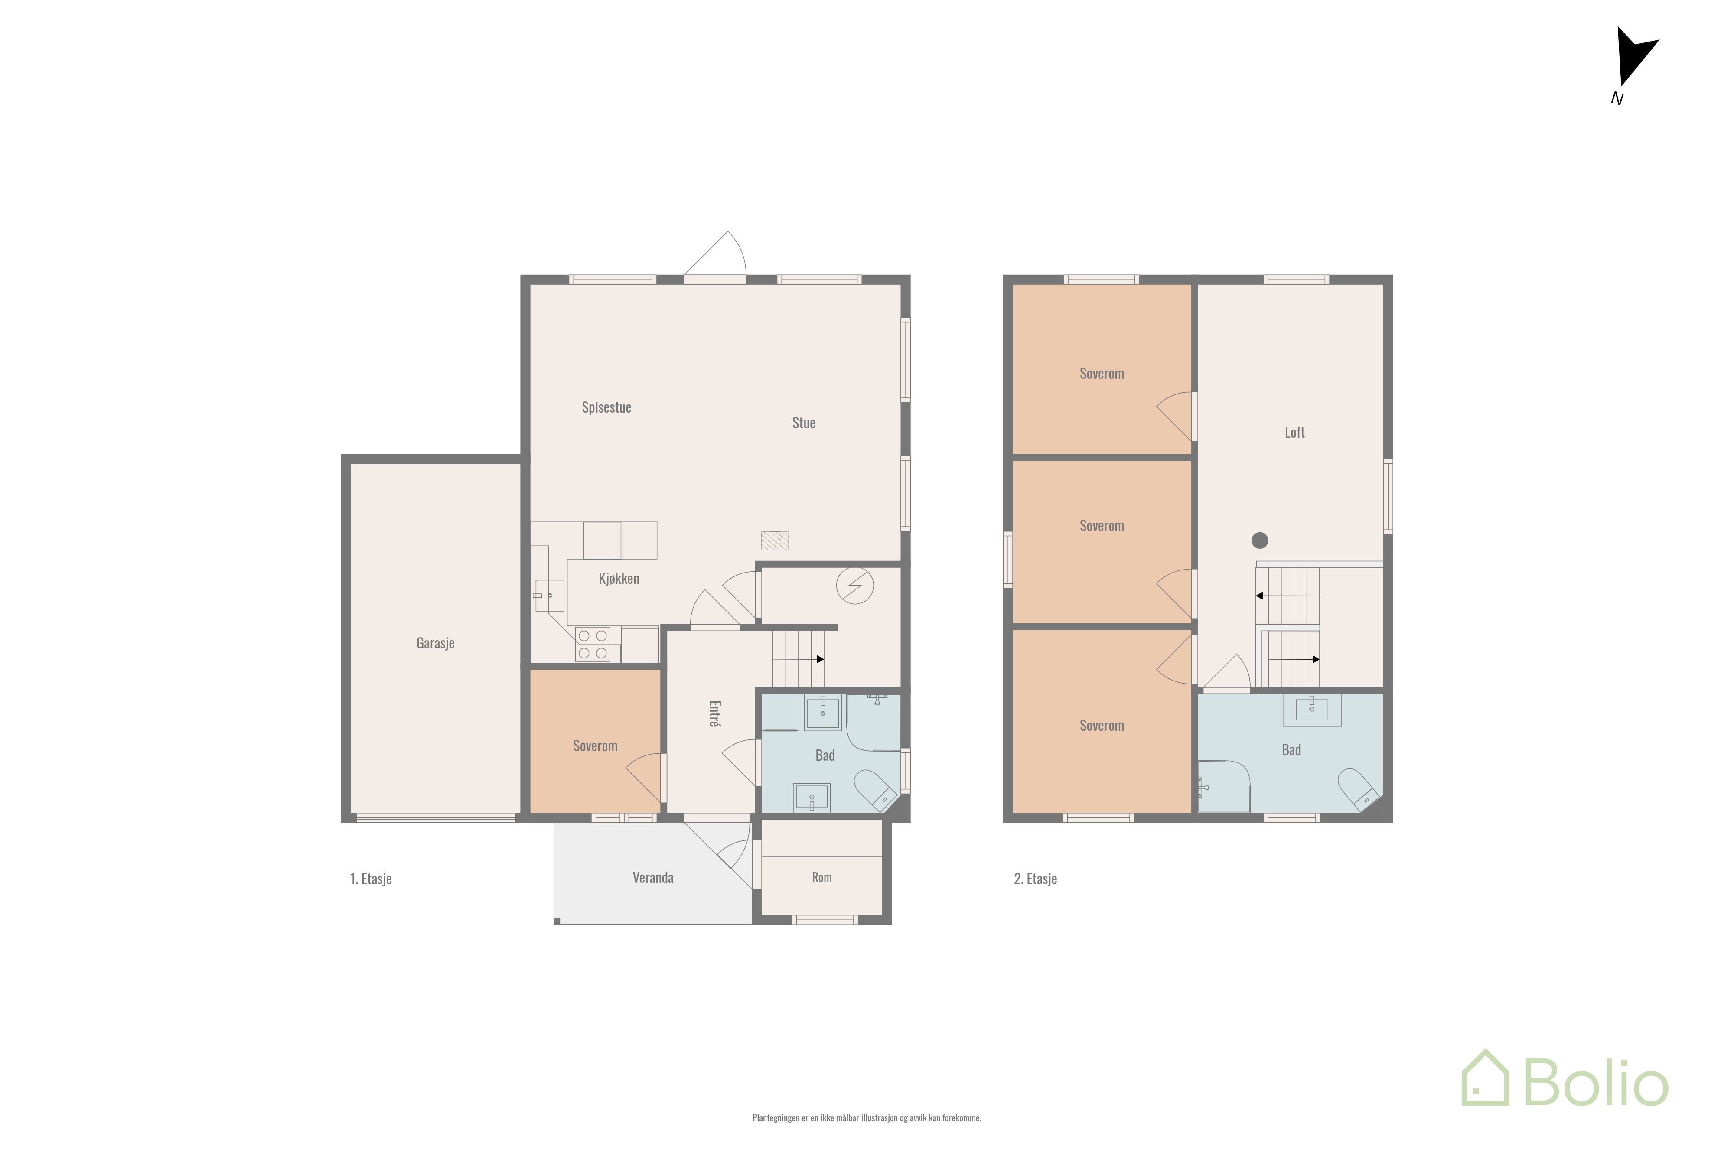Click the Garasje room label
[435, 643]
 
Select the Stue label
[804, 423]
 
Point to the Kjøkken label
[619, 579]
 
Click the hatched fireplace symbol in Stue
[775, 541]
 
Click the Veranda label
[652, 877]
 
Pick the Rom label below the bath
[821, 877]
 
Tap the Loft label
[1294, 433]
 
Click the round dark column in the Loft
[1259, 541]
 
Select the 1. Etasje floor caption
[370, 879]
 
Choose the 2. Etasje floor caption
[1035, 879]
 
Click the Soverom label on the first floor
[595, 746]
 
